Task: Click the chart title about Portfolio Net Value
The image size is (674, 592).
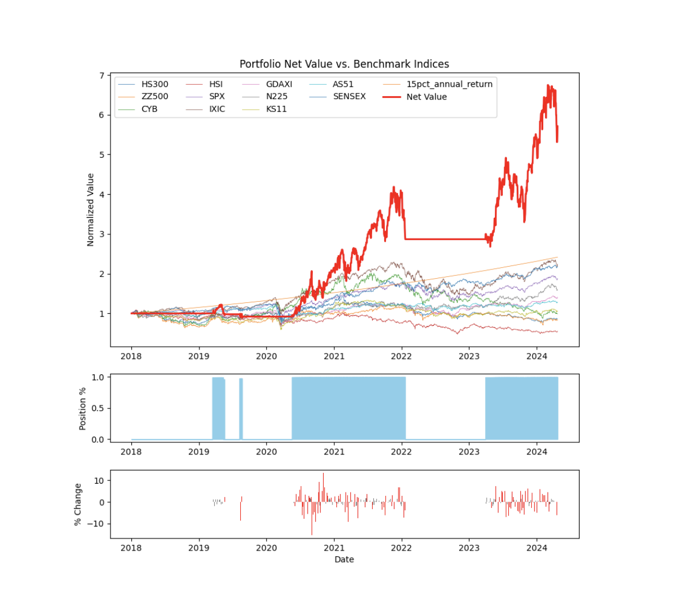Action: tap(344, 64)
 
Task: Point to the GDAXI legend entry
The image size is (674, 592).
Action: tap(279, 84)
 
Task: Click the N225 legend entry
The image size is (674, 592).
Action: tap(277, 97)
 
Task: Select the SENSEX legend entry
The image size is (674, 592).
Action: tap(349, 97)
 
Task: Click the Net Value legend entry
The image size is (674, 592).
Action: tap(426, 97)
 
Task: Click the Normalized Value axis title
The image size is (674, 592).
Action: tap(90, 210)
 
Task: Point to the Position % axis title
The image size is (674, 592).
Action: tap(83, 408)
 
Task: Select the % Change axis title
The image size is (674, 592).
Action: tap(78, 504)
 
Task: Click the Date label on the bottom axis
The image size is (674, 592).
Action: tap(344, 559)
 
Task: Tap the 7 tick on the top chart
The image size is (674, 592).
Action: tap(101, 76)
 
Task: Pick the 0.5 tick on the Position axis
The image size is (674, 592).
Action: tap(99, 408)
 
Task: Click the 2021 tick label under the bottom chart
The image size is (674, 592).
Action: tap(334, 547)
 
